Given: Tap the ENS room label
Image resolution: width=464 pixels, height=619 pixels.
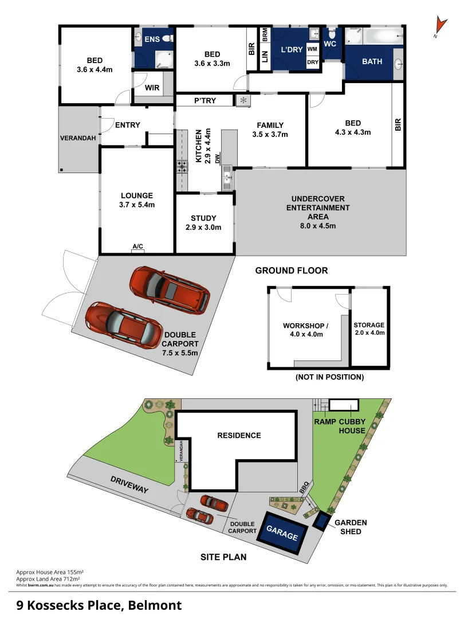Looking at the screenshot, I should tap(151, 40).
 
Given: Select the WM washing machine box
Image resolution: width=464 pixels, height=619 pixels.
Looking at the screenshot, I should tap(312, 50).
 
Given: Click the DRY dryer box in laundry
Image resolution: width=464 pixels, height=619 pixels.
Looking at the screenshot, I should tap(312, 62).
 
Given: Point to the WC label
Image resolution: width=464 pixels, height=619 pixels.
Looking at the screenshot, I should tap(330, 44).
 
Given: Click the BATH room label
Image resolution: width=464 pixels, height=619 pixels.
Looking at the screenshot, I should tap(372, 62).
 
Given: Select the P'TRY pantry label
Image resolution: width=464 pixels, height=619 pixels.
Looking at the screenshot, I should tap(205, 101).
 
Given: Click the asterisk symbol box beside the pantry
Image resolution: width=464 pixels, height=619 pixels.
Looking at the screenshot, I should tap(244, 101).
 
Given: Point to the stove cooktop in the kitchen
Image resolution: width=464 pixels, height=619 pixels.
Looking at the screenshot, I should tap(182, 167).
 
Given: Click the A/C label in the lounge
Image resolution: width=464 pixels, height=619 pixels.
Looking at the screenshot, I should tap(138, 247).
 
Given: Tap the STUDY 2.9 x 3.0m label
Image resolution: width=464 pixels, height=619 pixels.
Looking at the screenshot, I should tap(203, 222).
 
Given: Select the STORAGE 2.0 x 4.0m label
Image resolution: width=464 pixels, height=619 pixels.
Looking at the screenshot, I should tap(369, 328).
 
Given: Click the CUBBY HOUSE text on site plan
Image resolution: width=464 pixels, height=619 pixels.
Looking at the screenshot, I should tap(352, 426).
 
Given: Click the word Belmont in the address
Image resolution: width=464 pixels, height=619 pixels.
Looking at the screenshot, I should tap(155, 605).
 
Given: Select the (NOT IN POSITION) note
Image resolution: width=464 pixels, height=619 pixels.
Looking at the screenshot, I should tap(329, 377).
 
